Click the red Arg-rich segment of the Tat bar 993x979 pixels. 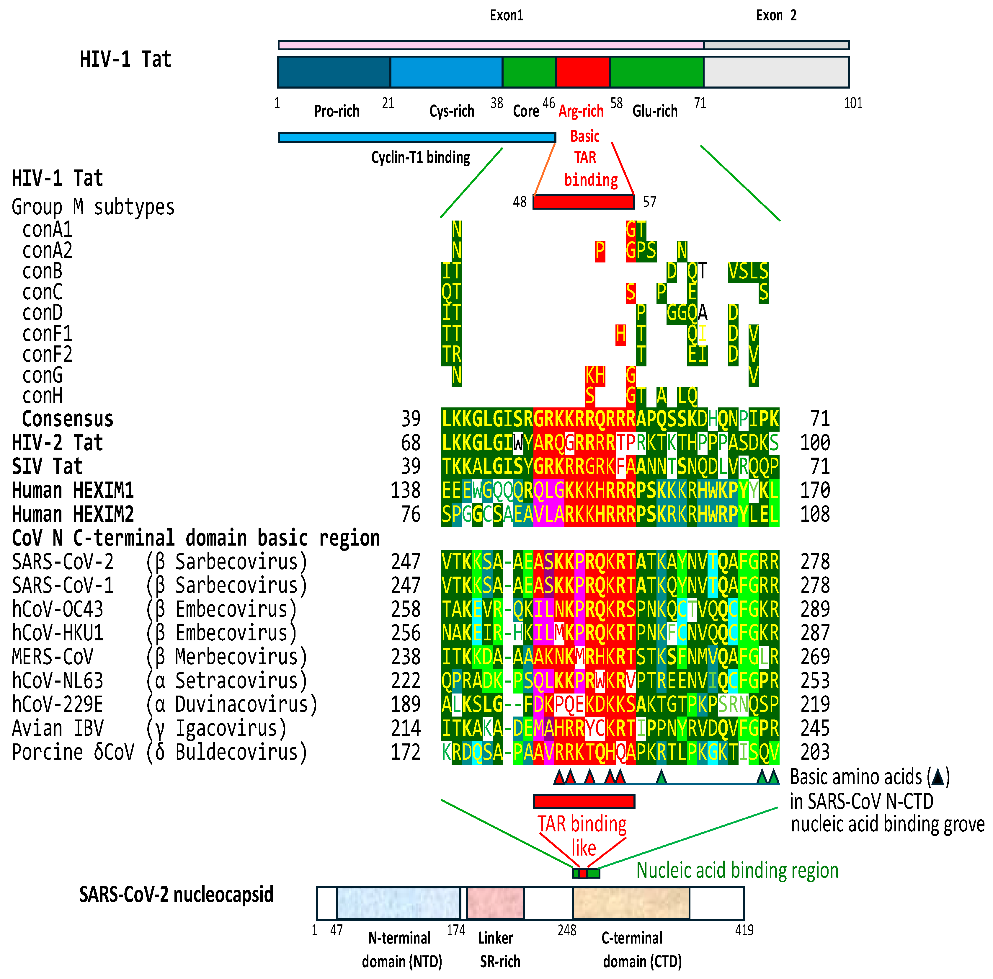[583, 72]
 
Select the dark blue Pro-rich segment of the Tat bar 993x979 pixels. [334, 72]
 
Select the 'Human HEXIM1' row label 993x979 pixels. [73, 490]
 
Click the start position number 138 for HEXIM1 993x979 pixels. [406, 490]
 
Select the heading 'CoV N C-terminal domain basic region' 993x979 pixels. [195, 538]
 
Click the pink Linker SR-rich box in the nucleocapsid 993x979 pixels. [495, 903]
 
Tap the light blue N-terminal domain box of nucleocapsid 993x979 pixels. [398, 903]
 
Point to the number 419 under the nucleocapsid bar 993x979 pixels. [744, 930]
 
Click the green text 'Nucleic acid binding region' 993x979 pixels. [737, 871]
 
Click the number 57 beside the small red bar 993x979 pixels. [650, 202]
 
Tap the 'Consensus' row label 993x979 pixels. [67, 419]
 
